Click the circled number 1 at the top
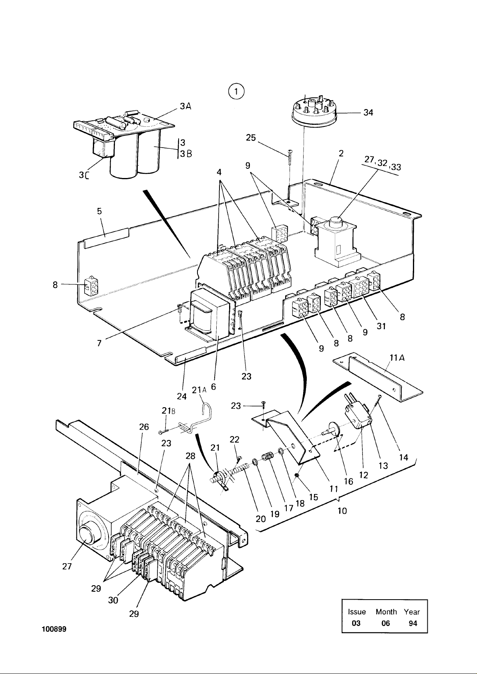(236, 91)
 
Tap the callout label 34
(368, 112)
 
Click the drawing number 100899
(54, 629)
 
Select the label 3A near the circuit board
(186, 106)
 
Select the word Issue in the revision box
(357, 612)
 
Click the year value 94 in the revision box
(413, 623)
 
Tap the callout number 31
(381, 326)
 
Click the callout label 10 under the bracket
(342, 511)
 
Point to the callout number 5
(99, 211)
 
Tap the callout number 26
(144, 427)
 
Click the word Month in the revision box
(386, 612)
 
